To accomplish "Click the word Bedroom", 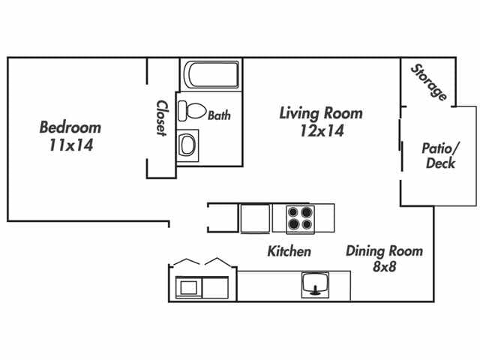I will point(70,127).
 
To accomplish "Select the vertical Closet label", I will point(160,118).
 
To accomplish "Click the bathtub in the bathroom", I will point(211,76).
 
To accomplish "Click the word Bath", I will point(219,115).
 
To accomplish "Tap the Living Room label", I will point(320,113).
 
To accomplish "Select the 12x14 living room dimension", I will point(320,130).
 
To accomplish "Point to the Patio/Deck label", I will point(440,156).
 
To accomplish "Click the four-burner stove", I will point(301,218).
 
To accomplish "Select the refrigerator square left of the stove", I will point(254,218).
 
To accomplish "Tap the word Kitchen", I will point(289,251).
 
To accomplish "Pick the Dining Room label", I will point(384,251).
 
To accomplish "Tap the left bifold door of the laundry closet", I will point(186,263).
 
